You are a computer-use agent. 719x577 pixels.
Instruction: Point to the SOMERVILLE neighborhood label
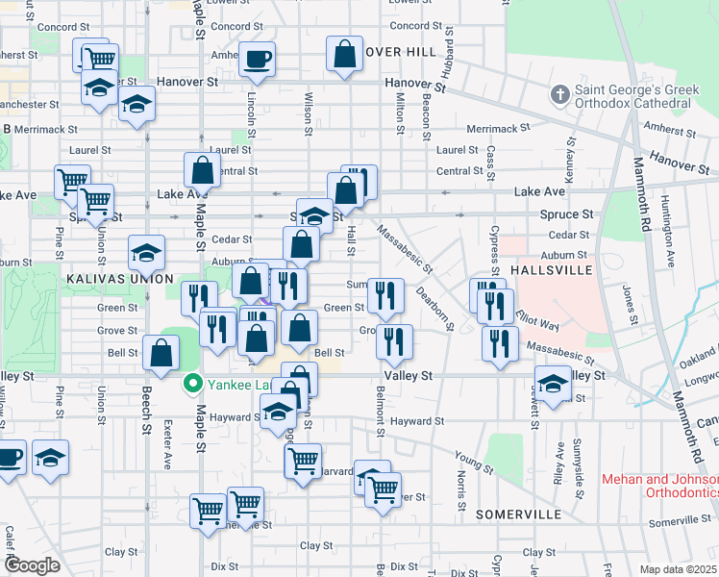(x=518, y=515)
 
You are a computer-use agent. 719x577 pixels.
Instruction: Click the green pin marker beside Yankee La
(x=192, y=385)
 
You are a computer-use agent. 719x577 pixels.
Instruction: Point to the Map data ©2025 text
(x=678, y=569)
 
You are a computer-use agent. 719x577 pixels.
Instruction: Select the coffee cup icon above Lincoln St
(x=257, y=60)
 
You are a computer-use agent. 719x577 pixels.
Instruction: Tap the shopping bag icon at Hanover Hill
(x=344, y=55)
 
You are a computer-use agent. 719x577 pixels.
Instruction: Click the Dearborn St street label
(x=434, y=307)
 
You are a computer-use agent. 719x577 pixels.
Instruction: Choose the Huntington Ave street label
(x=667, y=231)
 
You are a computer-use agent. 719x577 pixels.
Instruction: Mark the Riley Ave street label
(x=558, y=463)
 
